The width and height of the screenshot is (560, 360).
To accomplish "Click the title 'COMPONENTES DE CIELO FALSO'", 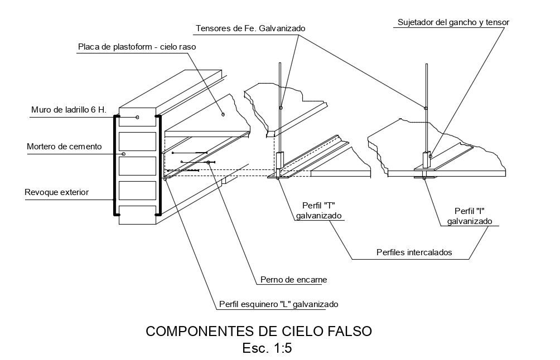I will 258,331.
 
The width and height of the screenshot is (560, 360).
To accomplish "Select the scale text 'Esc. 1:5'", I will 267,349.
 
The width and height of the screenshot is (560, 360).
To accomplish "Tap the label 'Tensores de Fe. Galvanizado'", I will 250,28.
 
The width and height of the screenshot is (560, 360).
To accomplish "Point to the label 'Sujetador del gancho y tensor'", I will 453,22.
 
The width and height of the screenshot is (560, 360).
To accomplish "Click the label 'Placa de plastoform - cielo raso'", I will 137,47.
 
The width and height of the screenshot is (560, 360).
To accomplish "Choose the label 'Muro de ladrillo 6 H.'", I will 69,109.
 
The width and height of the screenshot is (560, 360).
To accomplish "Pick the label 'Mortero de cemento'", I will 64,147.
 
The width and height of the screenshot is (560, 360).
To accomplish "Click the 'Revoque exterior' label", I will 56,193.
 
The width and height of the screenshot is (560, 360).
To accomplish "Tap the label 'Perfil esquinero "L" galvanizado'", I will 278,304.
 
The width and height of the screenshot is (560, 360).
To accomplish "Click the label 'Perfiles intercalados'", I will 413,252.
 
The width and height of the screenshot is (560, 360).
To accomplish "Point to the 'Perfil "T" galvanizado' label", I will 319,210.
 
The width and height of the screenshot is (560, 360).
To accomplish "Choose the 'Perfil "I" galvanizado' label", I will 469,216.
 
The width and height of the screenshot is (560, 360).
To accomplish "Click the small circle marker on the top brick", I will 137,117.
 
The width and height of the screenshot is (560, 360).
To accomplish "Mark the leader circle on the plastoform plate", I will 223,115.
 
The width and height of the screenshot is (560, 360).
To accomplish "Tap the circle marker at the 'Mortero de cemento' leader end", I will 124,154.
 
